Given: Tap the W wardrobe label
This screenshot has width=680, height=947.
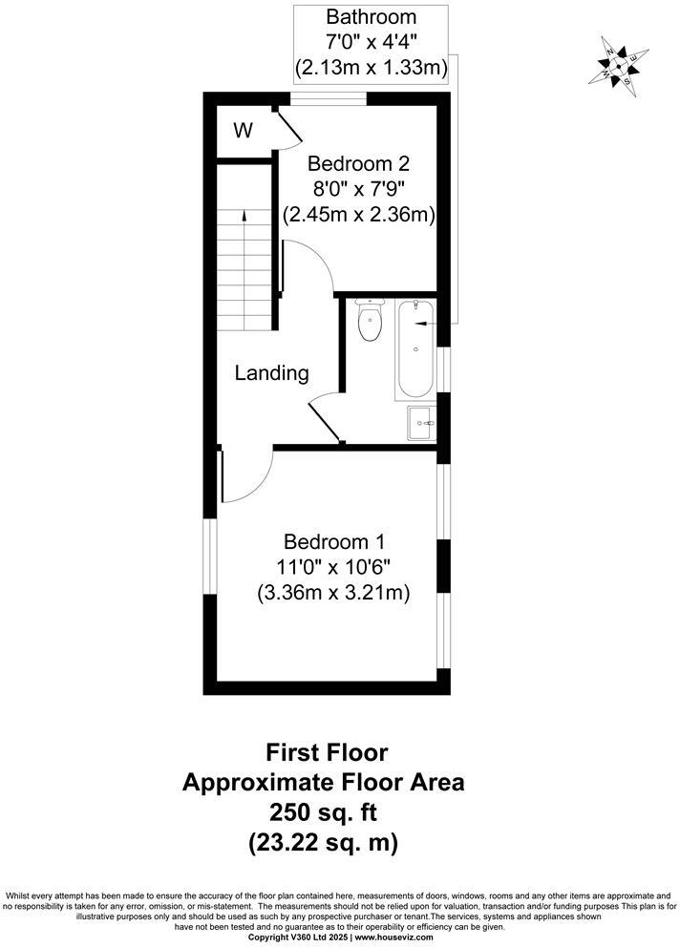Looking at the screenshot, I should (244, 131).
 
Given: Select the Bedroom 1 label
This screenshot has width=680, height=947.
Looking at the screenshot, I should (333, 539).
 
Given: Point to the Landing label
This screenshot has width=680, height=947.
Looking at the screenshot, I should (272, 373).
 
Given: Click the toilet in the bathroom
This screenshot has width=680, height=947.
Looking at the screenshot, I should (369, 321).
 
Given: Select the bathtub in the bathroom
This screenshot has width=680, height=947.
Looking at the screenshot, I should (415, 349).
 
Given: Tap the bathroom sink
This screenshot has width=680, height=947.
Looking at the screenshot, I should (421, 422).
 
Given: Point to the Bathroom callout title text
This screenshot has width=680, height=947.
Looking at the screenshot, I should (372, 16).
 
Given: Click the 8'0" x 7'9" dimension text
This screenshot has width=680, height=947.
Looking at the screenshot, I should (358, 189).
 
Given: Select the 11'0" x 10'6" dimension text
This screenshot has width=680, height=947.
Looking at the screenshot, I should (333, 566).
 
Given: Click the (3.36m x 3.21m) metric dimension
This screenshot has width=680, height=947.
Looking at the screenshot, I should (333, 593).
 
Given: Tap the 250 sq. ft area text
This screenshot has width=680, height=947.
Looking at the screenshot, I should (324, 813).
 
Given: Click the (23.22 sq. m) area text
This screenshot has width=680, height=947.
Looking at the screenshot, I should (324, 844).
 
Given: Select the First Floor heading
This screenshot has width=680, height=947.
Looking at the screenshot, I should (324, 752).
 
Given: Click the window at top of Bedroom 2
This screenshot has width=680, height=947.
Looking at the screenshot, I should (329, 97).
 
